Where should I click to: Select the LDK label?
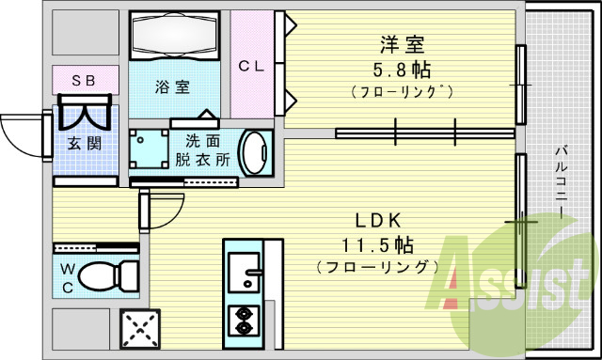(378, 221)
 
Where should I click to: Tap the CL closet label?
(250, 66)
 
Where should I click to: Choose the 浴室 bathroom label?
(172, 87)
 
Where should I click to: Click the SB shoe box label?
(85, 80)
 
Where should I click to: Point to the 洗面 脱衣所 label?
(201, 150)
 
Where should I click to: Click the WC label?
(69, 277)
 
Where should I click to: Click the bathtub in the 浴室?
(173, 37)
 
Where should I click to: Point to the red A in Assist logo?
(456, 282)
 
